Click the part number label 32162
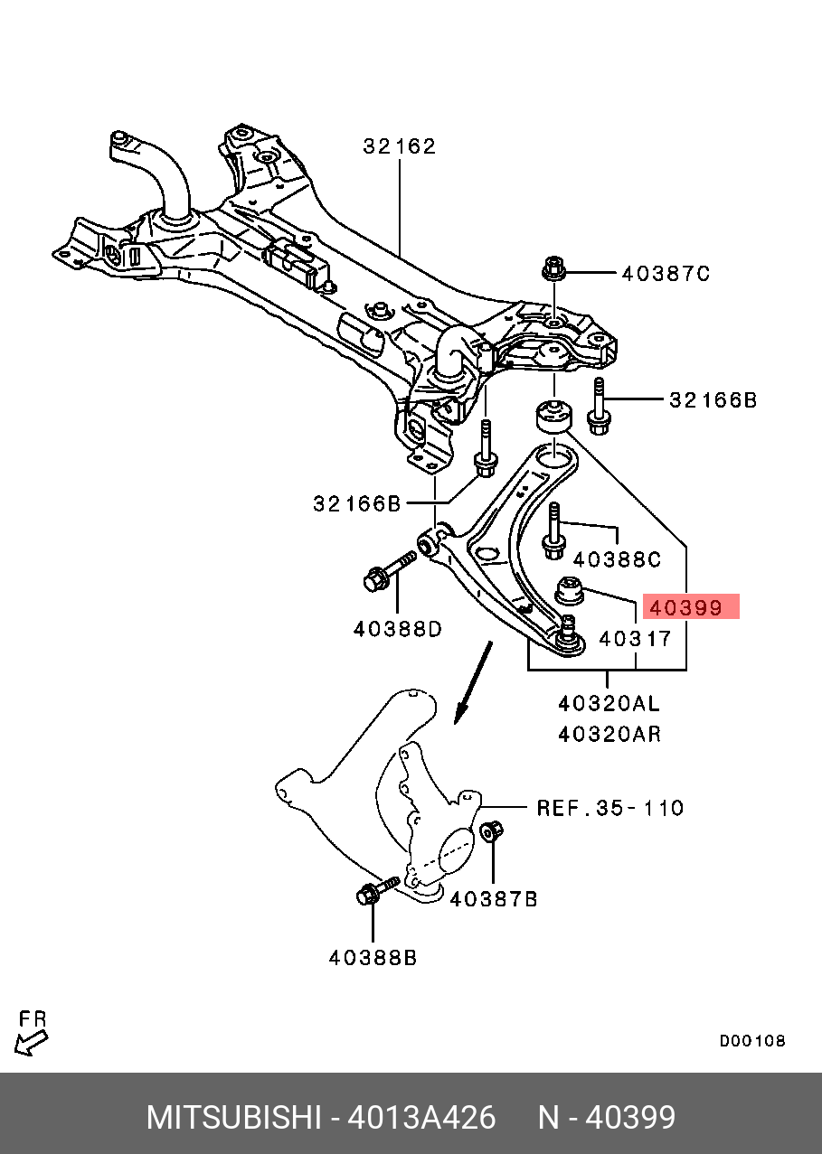coord(399,146)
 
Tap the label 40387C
coord(666,274)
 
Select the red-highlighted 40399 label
coord(691,608)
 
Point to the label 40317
coord(636,639)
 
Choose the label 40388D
coord(398,629)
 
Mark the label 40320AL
coord(609,703)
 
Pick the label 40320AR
coord(609,734)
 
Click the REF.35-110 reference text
coord(610,808)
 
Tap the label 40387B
coord(494,899)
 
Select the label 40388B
coord(373,958)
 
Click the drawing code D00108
coord(752,1041)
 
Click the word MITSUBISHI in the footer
coord(234,1118)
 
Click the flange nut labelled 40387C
coord(553,269)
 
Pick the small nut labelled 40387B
coord(492,830)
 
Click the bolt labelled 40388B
coord(375,891)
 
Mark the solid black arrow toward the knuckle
coord(473,683)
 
